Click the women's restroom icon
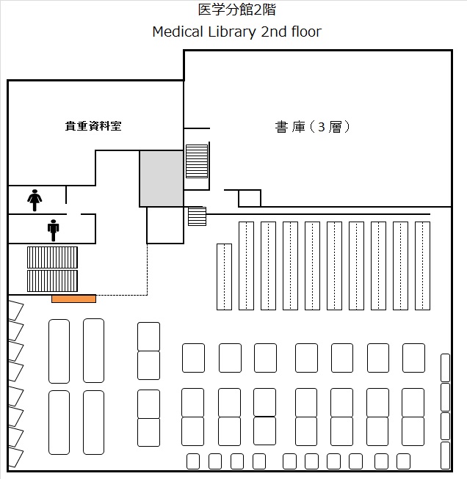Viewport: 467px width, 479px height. (x=35, y=200)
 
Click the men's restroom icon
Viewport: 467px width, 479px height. (x=53, y=230)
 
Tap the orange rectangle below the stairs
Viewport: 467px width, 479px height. (x=73, y=299)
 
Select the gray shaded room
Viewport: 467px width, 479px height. (x=162, y=178)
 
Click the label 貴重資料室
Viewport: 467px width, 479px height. (x=93, y=126)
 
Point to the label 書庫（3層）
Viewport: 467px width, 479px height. (x=312, y=127)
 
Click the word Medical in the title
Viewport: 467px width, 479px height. (x=178, y=32)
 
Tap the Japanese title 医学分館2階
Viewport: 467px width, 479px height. (x=237, y=10)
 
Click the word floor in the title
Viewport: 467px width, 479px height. (x=306, y=32)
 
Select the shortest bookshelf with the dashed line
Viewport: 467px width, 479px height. (x=224, y=277)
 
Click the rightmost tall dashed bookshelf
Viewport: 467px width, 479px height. (x=422, y=266)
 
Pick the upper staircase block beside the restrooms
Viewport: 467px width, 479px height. (x=52, y=257)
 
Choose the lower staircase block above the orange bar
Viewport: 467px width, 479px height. (x=52, y=281)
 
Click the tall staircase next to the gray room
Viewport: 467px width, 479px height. (x=197, y=161)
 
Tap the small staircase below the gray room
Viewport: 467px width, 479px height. (x=197, y=216)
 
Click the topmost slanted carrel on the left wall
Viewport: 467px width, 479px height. (x=15, y=310)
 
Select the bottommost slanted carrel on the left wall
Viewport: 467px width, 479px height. (x=15, y=457)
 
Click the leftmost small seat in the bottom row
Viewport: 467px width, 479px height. (x=193, y=461)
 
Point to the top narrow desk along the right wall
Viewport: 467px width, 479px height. (x=445, y=368)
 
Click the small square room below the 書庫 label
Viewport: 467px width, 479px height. (x=250, y=198)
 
